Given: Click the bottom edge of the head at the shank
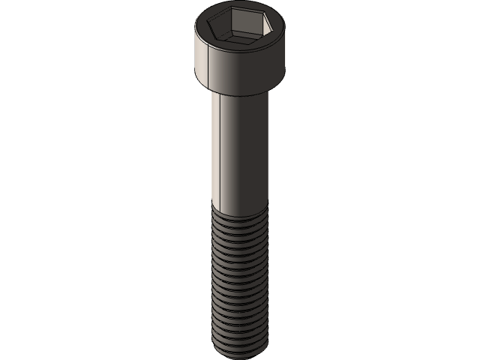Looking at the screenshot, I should coord(238,94).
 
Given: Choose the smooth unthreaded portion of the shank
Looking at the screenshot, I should coord(240,150).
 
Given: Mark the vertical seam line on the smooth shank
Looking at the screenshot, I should coord(220,150).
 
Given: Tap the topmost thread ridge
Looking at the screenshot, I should coord(240,217).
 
